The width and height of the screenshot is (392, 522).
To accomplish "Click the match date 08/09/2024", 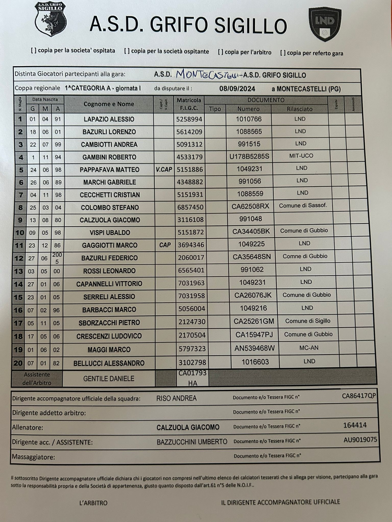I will click(x=237, y=89).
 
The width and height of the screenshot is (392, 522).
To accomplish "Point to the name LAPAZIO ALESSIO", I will click(x=109, y=119).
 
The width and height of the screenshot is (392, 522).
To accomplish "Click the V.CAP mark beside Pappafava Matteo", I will click(x=164, y=169).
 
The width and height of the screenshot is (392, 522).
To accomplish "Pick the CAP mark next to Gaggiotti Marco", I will click(x=165, y=245).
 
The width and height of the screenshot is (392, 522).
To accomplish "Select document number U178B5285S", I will click(x=249, y=156).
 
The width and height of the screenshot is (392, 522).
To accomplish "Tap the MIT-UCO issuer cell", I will click(x=301, y=156).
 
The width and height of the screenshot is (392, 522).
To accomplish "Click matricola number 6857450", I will click(x=190, y=207).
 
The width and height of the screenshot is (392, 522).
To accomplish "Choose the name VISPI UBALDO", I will click(x=110, y=232).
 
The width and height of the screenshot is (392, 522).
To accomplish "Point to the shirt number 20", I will click(x=18, y=363).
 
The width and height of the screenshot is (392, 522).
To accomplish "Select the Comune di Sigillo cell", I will click(x=308, y=321).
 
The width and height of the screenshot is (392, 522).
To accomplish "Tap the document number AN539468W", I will click(x=254, y=348).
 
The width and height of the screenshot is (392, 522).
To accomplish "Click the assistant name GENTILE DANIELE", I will click(x=109, y=379).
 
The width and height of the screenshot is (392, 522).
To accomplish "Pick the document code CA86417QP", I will click(x=359, y=396).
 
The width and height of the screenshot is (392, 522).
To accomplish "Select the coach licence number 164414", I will click(x=355, y=425).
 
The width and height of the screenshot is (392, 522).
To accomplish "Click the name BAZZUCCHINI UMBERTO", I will click(x=192, y=442).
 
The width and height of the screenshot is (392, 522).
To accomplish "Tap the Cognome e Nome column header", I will click(x=109, y=104).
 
